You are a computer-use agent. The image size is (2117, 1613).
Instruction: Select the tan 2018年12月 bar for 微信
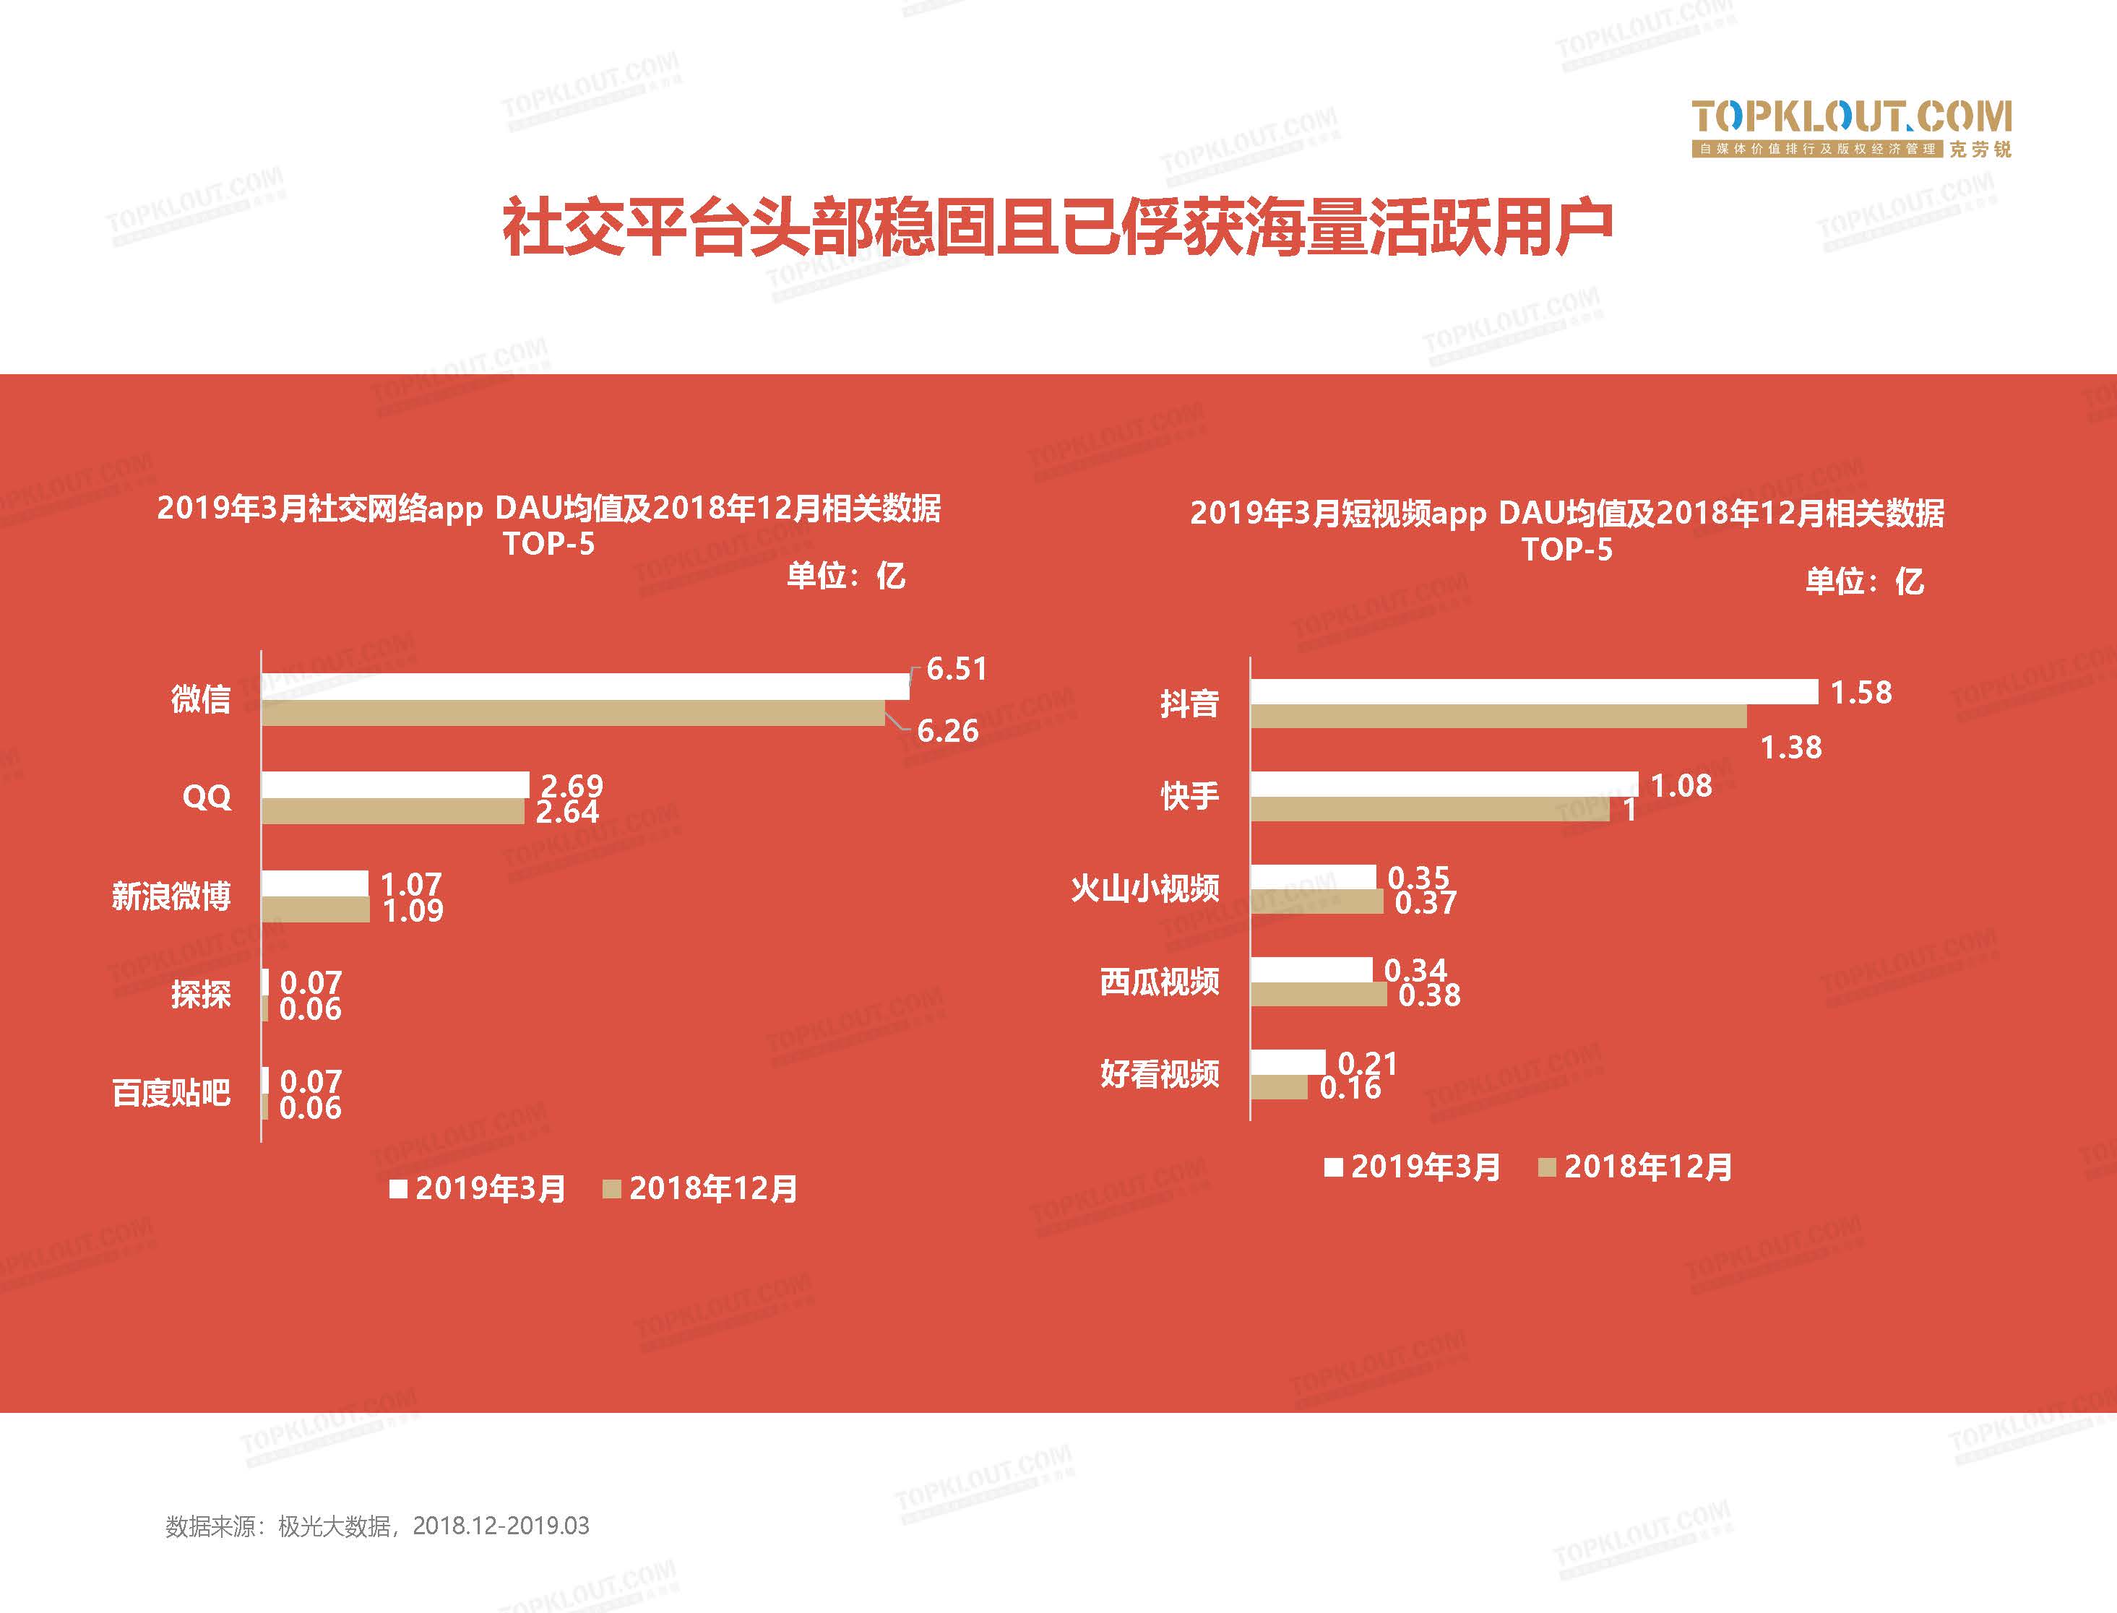pos(572,712)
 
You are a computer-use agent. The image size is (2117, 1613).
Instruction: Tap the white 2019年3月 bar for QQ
pos(394,784)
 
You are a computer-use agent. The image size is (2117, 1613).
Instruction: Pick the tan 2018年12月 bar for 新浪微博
pos(315,909)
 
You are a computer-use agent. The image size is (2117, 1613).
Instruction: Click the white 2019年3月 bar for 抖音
pos(1533,691)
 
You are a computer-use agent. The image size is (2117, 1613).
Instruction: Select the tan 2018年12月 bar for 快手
pos(1430,809)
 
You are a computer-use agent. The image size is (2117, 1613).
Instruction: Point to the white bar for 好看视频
pos(1288,1062)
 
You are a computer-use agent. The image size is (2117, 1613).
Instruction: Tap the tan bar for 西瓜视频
pos(1318,995)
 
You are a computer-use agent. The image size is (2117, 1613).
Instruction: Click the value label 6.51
pos(956,669)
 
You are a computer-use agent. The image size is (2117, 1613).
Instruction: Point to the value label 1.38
pos(1790,747)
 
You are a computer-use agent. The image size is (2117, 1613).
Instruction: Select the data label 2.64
pos(566,812)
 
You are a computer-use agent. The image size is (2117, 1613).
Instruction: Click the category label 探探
pos(201,994)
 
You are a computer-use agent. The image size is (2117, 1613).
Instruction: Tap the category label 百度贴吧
pos(171,1093)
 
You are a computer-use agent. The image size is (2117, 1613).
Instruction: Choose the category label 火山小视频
pos(1144,888)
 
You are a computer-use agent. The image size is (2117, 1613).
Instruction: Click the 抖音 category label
pos(1189,704)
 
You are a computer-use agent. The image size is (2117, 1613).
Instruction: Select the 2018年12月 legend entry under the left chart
pos(701,1189)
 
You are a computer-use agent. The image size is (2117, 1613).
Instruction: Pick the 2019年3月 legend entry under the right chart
pos(1413,1167)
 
